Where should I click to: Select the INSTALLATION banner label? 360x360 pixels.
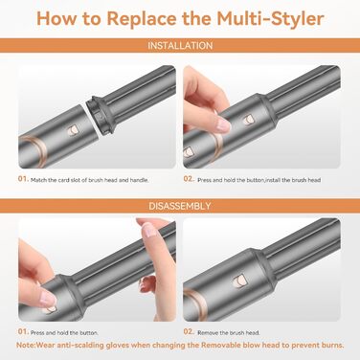pyautogui.click(x=180, y=45)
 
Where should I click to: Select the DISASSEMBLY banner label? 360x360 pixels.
pyautogui.click(x=180, y=205)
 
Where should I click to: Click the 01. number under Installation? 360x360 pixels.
pyautogui.click(x=22, y=178)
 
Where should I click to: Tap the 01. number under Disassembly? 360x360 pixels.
pyautogui.click(x=22, y=334)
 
